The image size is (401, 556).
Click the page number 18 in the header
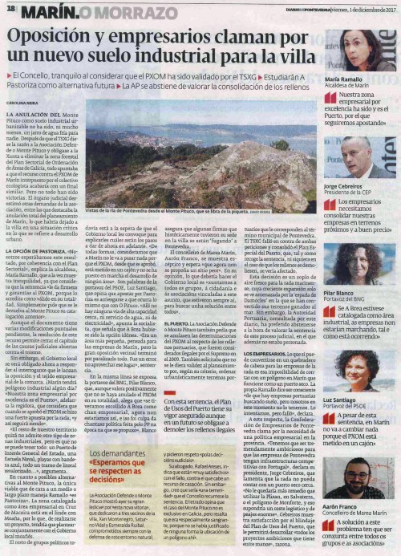point(11,10)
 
